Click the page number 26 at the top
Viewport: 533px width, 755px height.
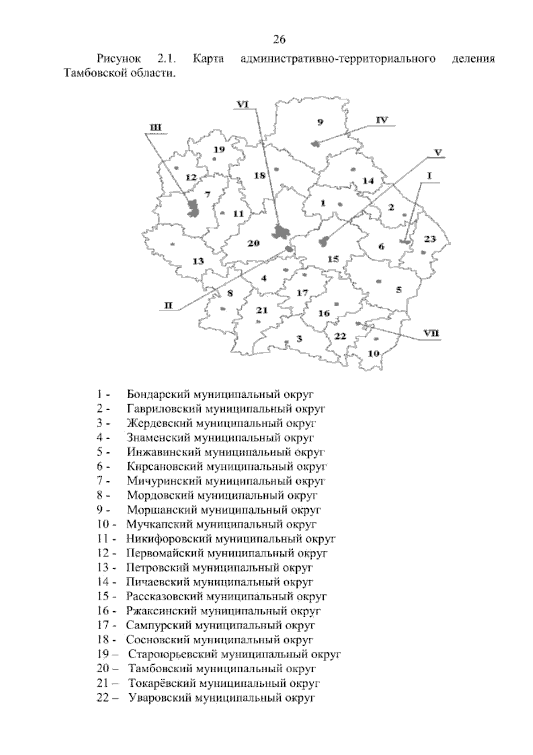[x=279, y=40]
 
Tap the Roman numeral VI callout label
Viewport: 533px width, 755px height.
[x=243, y=104]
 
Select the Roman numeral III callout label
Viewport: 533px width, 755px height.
[x=155, y=128]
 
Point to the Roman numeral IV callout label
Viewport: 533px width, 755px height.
[x=382, y=120]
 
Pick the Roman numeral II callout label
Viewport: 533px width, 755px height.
[x=169, y=305]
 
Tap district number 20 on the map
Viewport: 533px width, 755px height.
[x=253, y=243]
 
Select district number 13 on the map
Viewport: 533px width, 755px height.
[x=198, y=261]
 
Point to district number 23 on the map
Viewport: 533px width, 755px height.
[x=430, y=239]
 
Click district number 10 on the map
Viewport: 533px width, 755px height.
[x=374, y=354]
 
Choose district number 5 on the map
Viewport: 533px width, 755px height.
[x=398, y=290]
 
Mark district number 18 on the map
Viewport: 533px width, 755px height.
[x=259, y=176]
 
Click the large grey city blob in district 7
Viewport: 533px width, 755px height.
[x=193, y=208]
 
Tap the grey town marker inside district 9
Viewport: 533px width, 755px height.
[x=316, y=144]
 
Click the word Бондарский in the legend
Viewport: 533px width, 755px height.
[x=158, y=394]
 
